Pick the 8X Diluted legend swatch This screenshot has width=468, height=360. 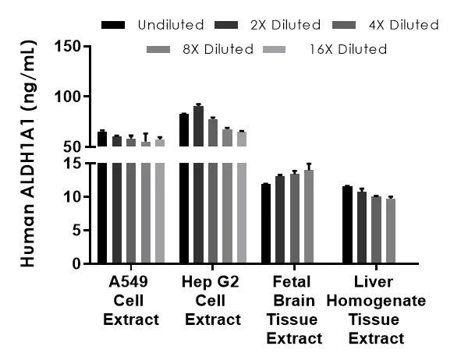coord(158,49)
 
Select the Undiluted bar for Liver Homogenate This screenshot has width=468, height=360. coord(347,225)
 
